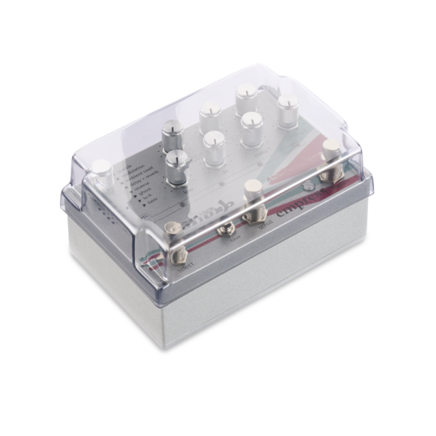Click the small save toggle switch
tap(223, 231)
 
